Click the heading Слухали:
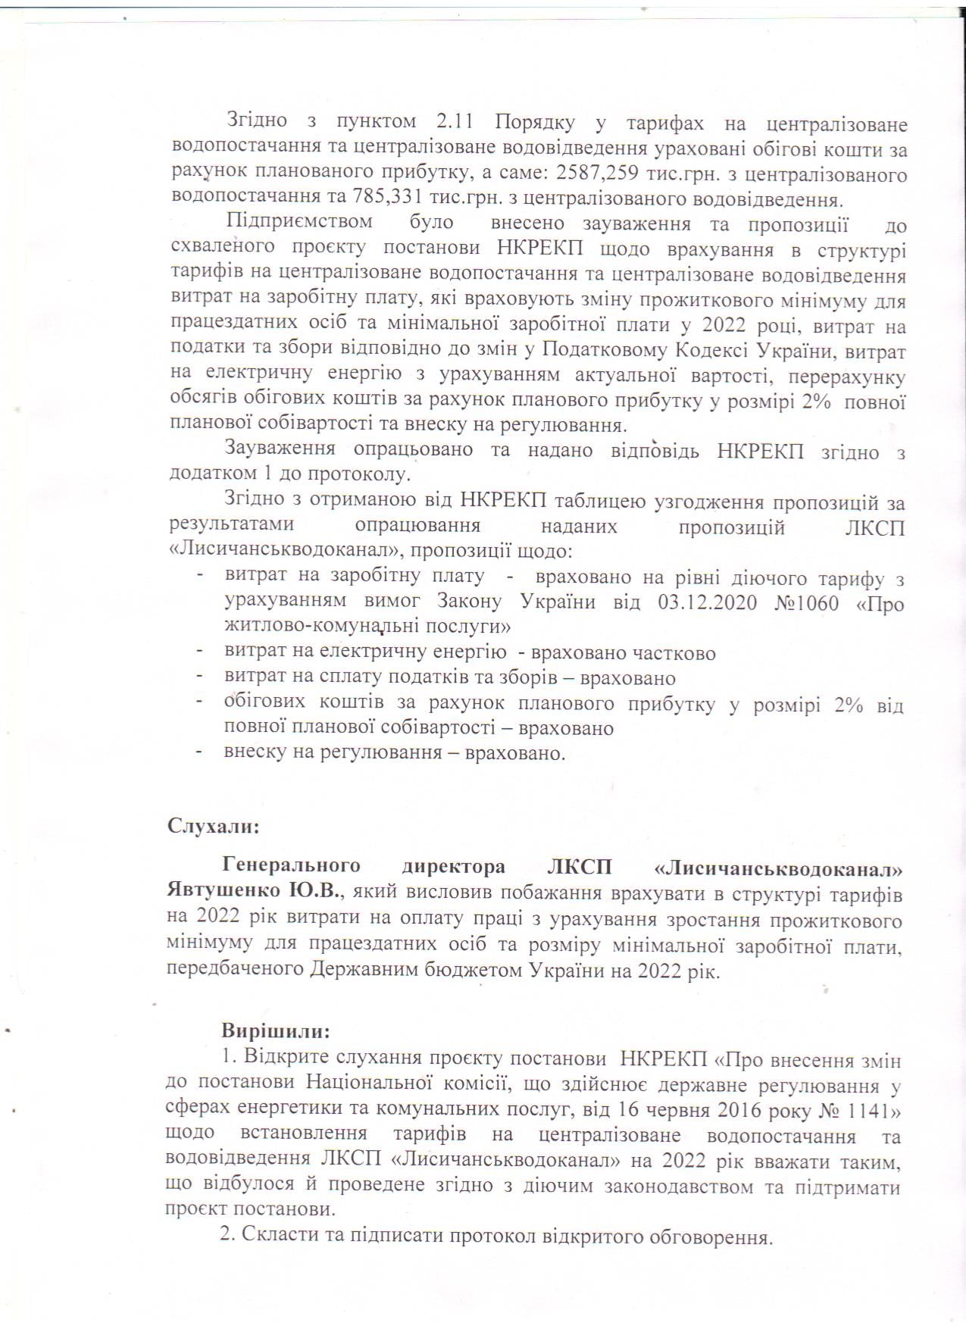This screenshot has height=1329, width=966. (214, 825)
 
